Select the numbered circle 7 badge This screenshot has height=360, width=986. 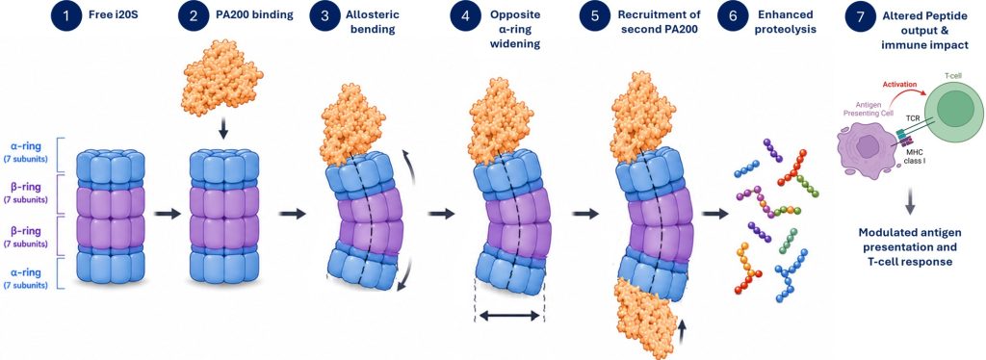tap(860, 15)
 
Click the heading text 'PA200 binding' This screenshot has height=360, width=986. tap(257, 15)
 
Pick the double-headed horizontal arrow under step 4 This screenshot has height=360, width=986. tap(509, 316)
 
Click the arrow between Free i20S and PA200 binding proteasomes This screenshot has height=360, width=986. tap(168, 215)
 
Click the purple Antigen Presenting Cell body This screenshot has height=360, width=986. tap(866, 146)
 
